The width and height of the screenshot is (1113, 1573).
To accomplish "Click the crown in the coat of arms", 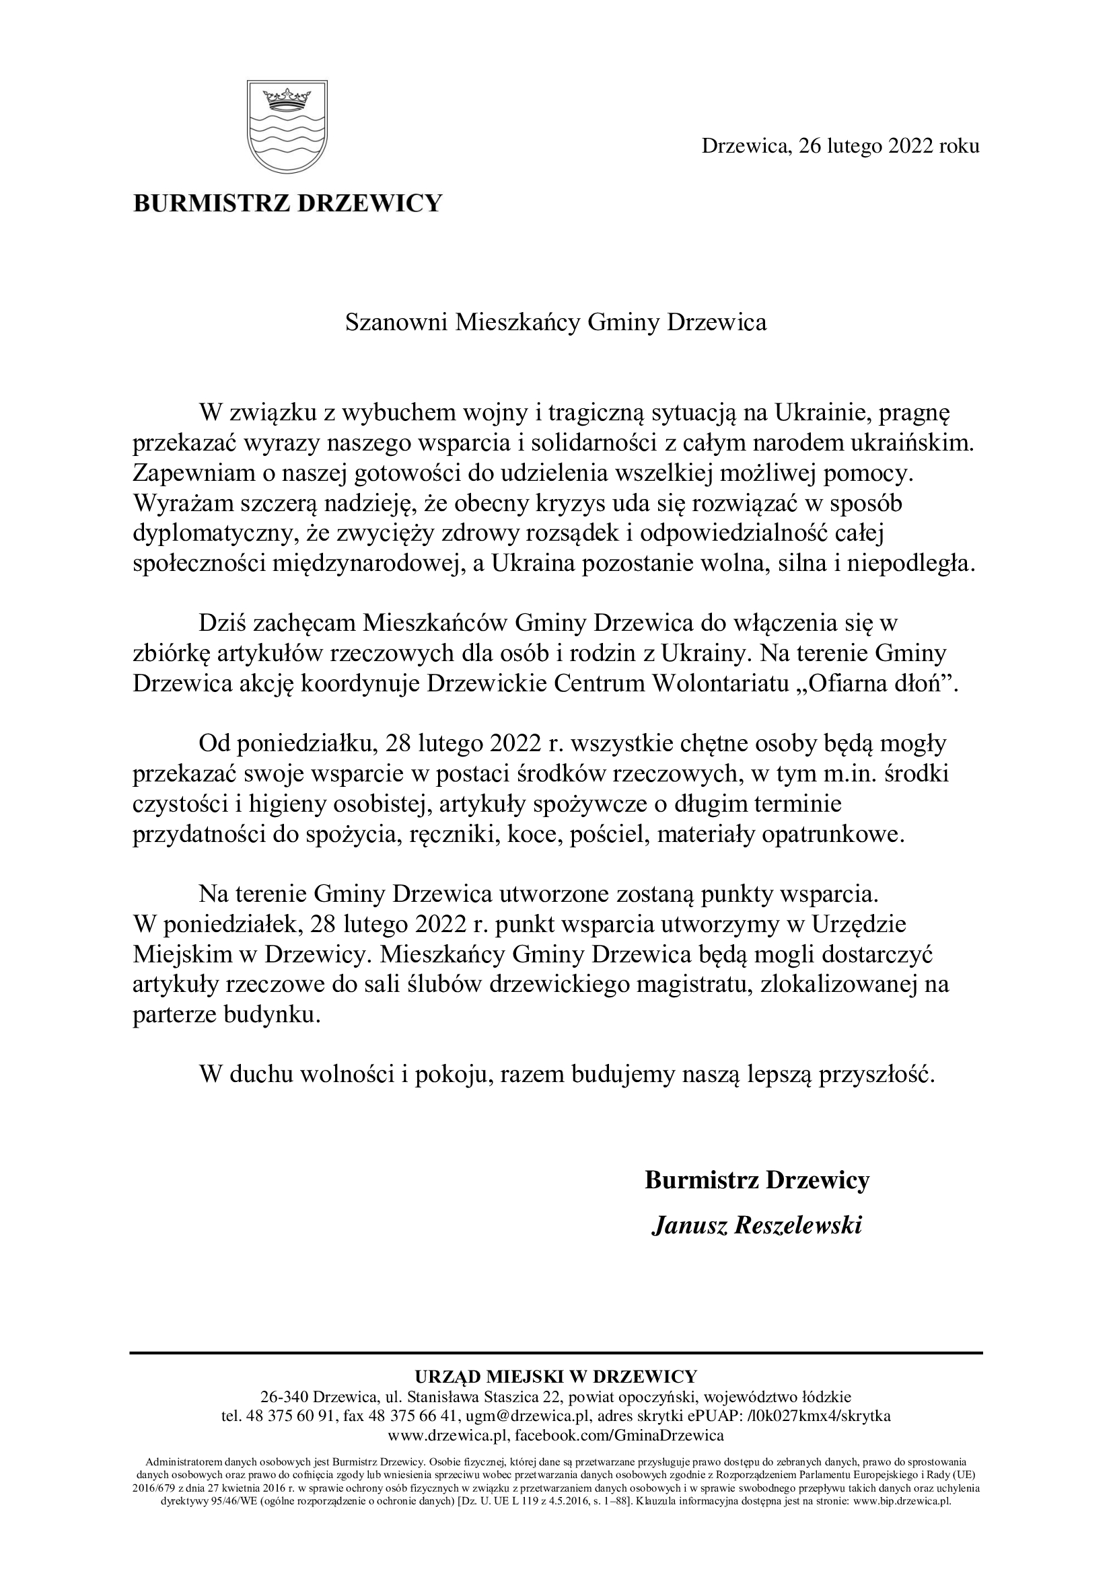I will (287, 99).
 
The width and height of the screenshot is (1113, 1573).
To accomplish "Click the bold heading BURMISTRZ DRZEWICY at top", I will (287, 204).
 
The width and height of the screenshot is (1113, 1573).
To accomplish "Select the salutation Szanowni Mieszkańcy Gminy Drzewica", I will (556, 322).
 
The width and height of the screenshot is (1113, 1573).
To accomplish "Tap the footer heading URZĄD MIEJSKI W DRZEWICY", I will (556, 1377).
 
